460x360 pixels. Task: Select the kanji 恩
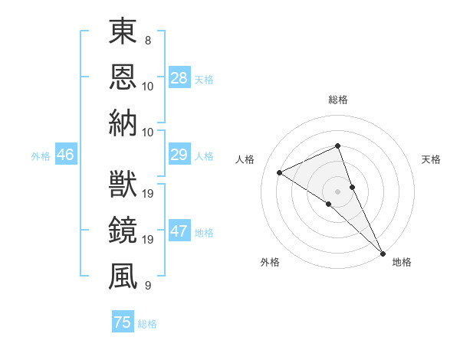pyautogui.click(x=123, y=77)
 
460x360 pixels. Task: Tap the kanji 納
pyautogui.click(x=123, y=123)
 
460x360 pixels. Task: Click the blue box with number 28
pyautogui.click(x=179, y=78)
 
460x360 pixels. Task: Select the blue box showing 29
pyautogui.click(x=179, y=155)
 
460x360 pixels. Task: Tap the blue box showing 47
pyautogui.click(x=179, y=232)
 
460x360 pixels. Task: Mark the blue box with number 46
pyautogui.click(x=65, y=155)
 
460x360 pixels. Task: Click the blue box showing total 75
pyautogui.click(x=123, y=322)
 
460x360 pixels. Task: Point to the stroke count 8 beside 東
pyautogui.click(x=147, y=38)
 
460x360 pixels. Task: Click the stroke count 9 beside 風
pyautogui.click(x=147, y=285)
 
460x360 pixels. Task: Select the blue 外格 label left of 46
pyautogui.click(x=41, y=156)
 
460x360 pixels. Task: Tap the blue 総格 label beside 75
pyautogui.click(x=147, y=324)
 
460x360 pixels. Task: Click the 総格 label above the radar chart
pyautogui.click(x=337, y=100)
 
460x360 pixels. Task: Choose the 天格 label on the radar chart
pyautogui.click(x=431, y=159)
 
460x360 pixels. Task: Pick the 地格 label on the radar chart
pyautogui.click(x=402, y=262)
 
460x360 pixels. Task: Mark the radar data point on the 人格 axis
pyautogui.click(x=280, y=172)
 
